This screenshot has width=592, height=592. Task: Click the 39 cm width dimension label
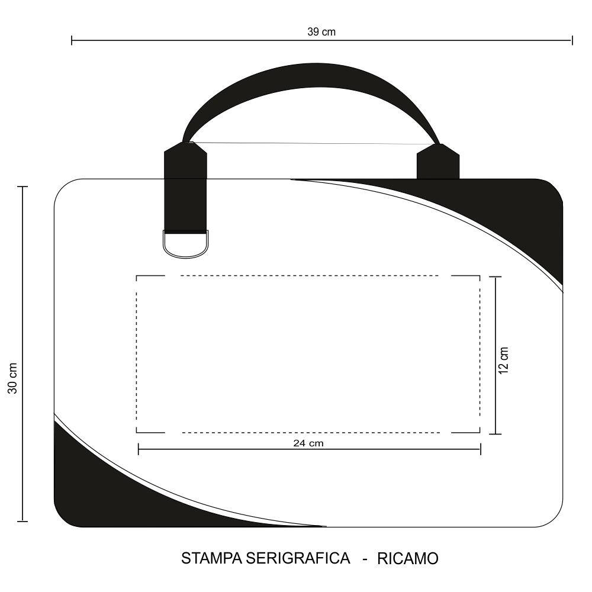[x=321, y=32]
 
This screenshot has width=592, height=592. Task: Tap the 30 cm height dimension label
[x=13, y=378]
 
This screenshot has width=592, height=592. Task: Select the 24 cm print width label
[x=308, y=443]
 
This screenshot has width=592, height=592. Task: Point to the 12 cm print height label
[x=504, y=361]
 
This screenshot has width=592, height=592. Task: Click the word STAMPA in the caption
[x=212, y=558]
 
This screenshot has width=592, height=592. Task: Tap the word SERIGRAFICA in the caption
[x=298, y=558]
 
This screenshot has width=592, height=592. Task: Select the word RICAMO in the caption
[x=408, y=558]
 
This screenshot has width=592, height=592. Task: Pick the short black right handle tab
[x=438, y=161]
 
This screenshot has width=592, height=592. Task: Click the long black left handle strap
[x=185, y=187]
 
